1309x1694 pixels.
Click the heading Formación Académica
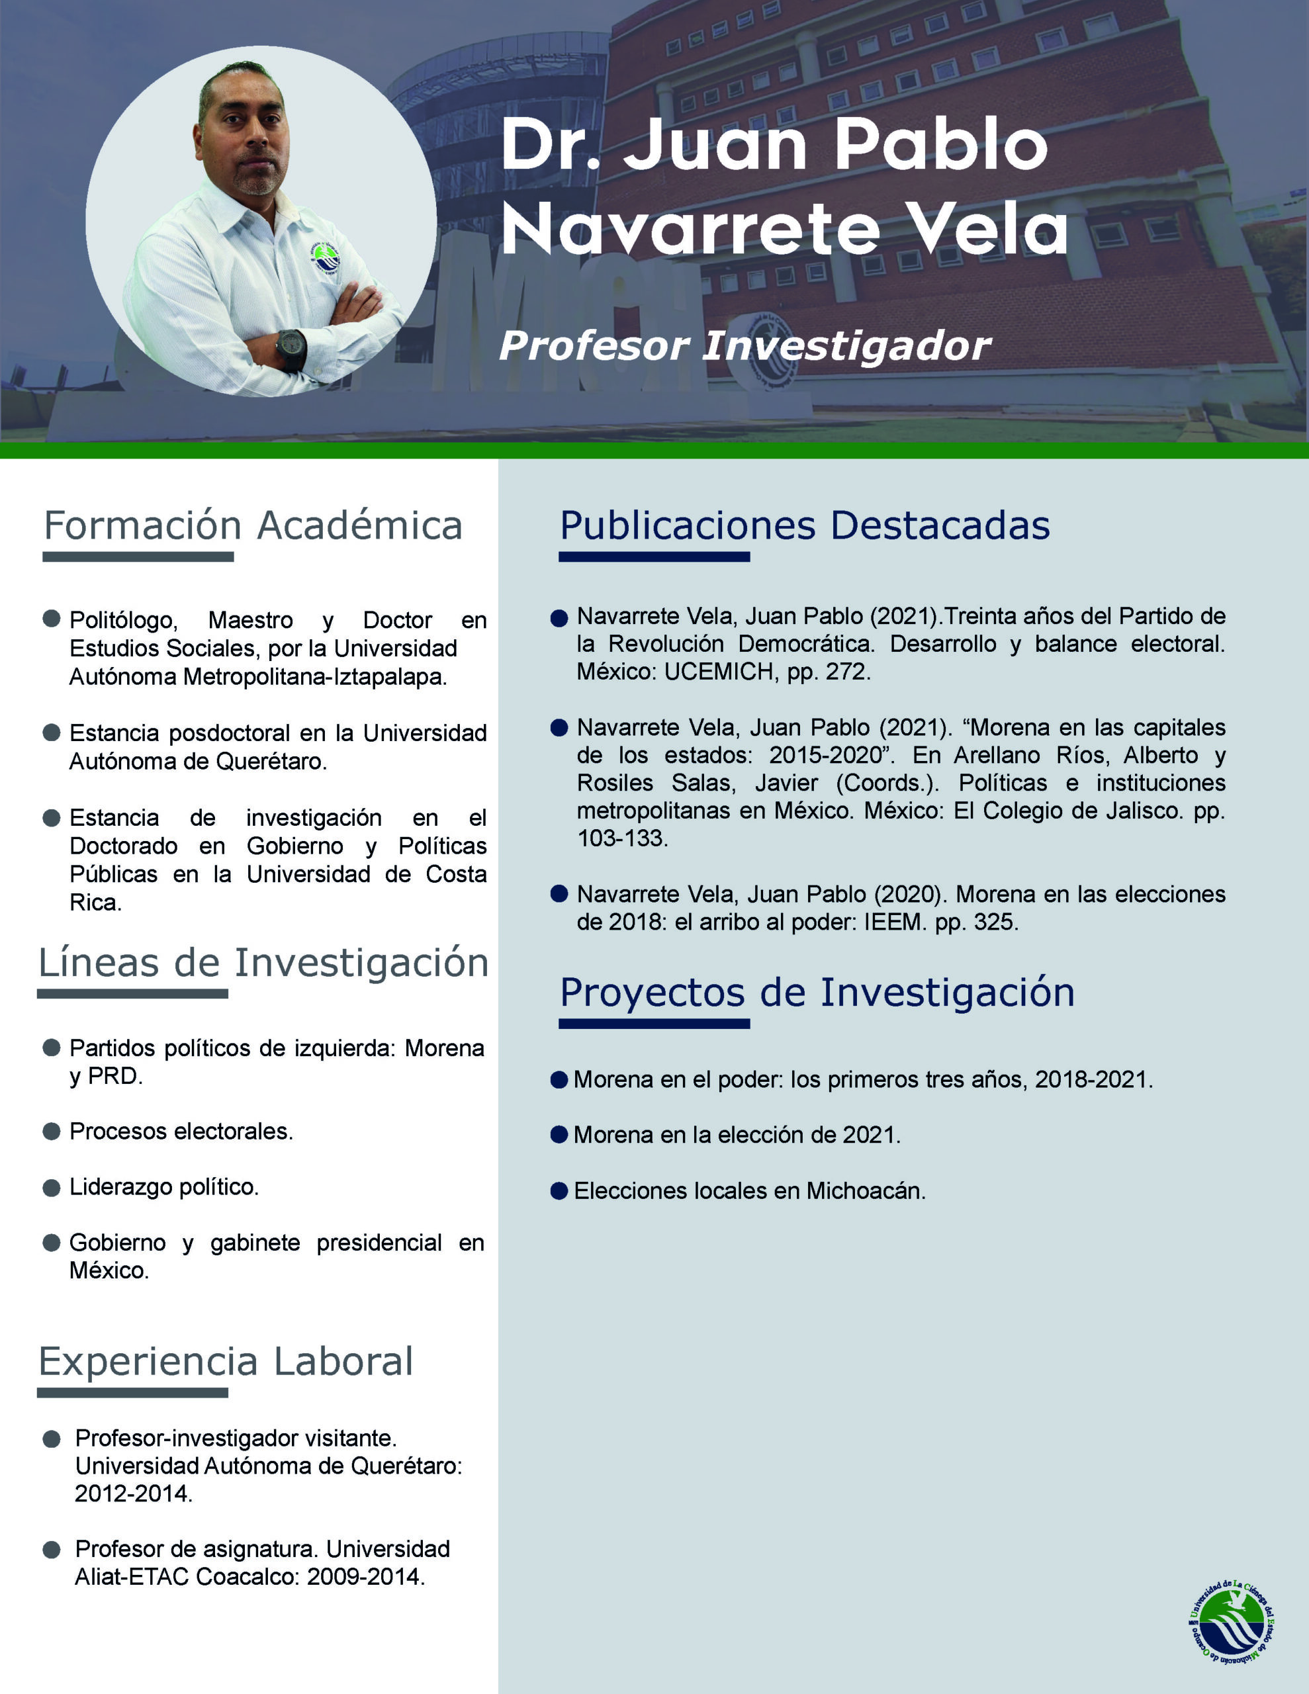[x=253, y=526]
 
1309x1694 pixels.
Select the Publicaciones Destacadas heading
[x=805, y=526]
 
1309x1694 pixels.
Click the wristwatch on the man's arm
[x=292, y=348]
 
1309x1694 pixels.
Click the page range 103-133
[x=621, y=838]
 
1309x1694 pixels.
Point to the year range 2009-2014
[x=364, y=1577]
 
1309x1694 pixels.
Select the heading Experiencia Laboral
[x=226, y=1361]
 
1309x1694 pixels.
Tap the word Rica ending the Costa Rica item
[x=94, y=903]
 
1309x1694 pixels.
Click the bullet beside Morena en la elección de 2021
[x=559, y=1135]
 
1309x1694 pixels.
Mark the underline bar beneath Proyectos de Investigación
[x=654, y=1024]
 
